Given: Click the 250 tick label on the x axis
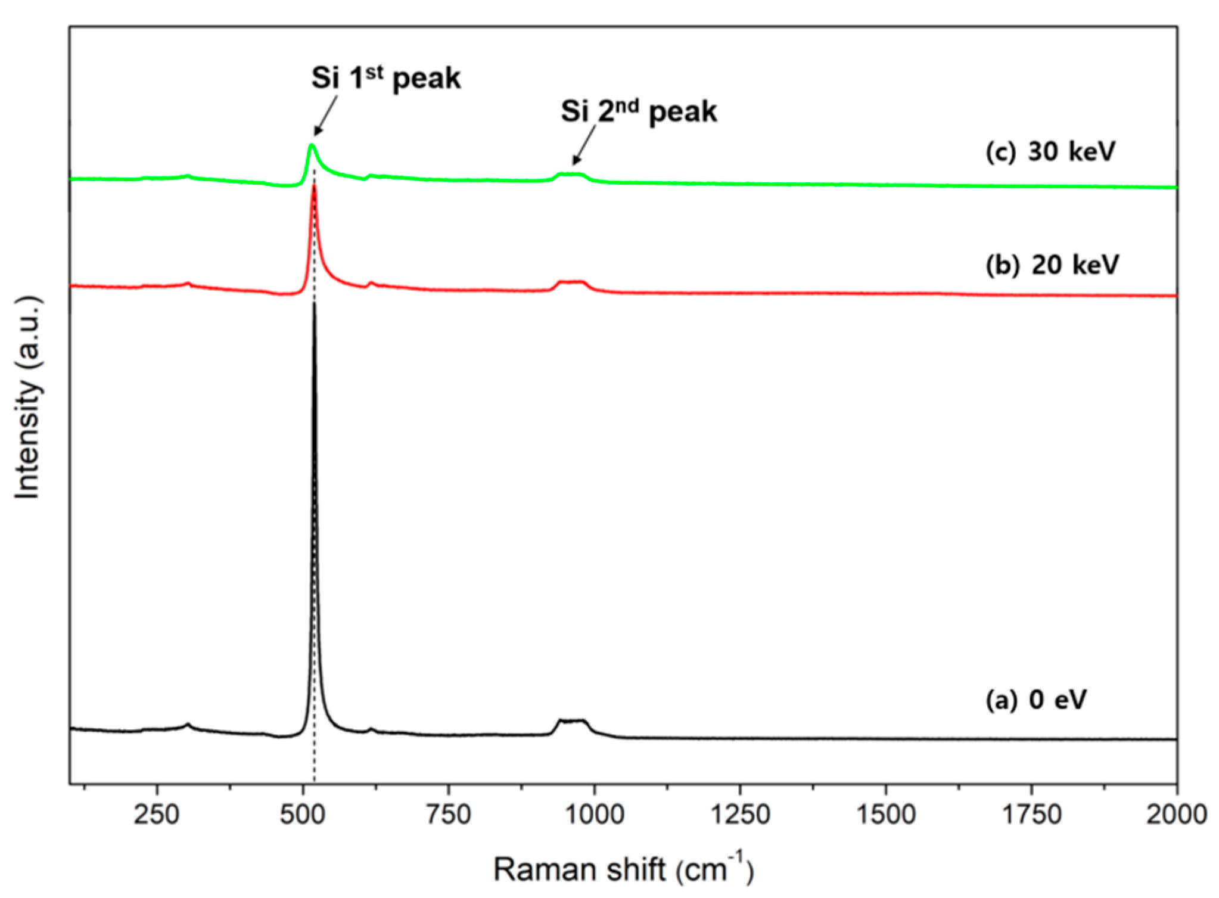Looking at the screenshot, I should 157,814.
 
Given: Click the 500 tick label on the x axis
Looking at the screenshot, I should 303,814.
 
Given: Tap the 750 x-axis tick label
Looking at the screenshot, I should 448,814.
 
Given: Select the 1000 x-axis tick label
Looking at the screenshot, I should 594,814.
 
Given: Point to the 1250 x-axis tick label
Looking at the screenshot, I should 740,814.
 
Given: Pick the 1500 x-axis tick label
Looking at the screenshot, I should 885,814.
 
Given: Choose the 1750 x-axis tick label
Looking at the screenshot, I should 1031,814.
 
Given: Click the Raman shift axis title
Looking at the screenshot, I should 623,869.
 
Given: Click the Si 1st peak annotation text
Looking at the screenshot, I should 385,79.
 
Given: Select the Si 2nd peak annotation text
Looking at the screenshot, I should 639,111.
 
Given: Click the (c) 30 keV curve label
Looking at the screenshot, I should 1050,152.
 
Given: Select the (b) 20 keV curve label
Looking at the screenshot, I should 1052,265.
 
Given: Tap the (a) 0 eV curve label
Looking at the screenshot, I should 1036,699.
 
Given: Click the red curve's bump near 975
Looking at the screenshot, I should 572,282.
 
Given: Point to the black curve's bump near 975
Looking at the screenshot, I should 572,721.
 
